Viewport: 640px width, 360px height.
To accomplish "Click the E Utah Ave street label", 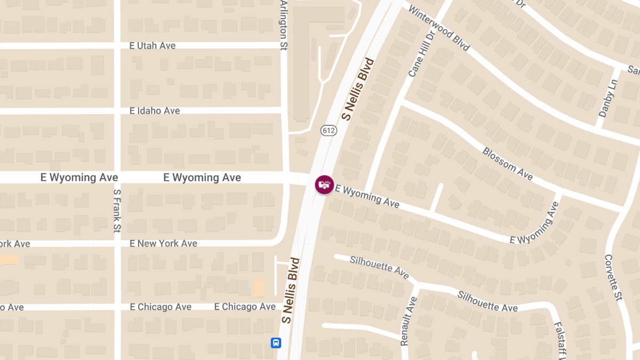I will tap(153, 46).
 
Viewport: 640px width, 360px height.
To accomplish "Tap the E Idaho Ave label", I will tap(155, 111).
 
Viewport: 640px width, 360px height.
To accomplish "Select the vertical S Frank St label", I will tap(117, 211).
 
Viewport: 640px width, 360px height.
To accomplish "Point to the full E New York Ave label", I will tap(163, 243).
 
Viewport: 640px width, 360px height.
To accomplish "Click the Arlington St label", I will tap(283, 25).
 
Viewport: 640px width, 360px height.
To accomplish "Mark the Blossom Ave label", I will tap(507, 164).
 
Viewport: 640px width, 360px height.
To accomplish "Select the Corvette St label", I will tap(613, 277).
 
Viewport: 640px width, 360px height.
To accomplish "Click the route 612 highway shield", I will tap(329, 130).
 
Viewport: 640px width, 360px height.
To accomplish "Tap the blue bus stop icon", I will tap(276, 342).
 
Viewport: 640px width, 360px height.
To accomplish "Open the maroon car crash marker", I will tap(324, 185).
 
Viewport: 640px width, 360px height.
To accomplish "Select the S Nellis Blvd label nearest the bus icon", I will tap(291, 291).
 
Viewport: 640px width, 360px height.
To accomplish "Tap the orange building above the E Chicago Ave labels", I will tap(259, 287).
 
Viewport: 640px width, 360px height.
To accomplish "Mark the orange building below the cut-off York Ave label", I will tap(9, 260).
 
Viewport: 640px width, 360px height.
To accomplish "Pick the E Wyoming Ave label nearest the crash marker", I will tap(367, 196).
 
